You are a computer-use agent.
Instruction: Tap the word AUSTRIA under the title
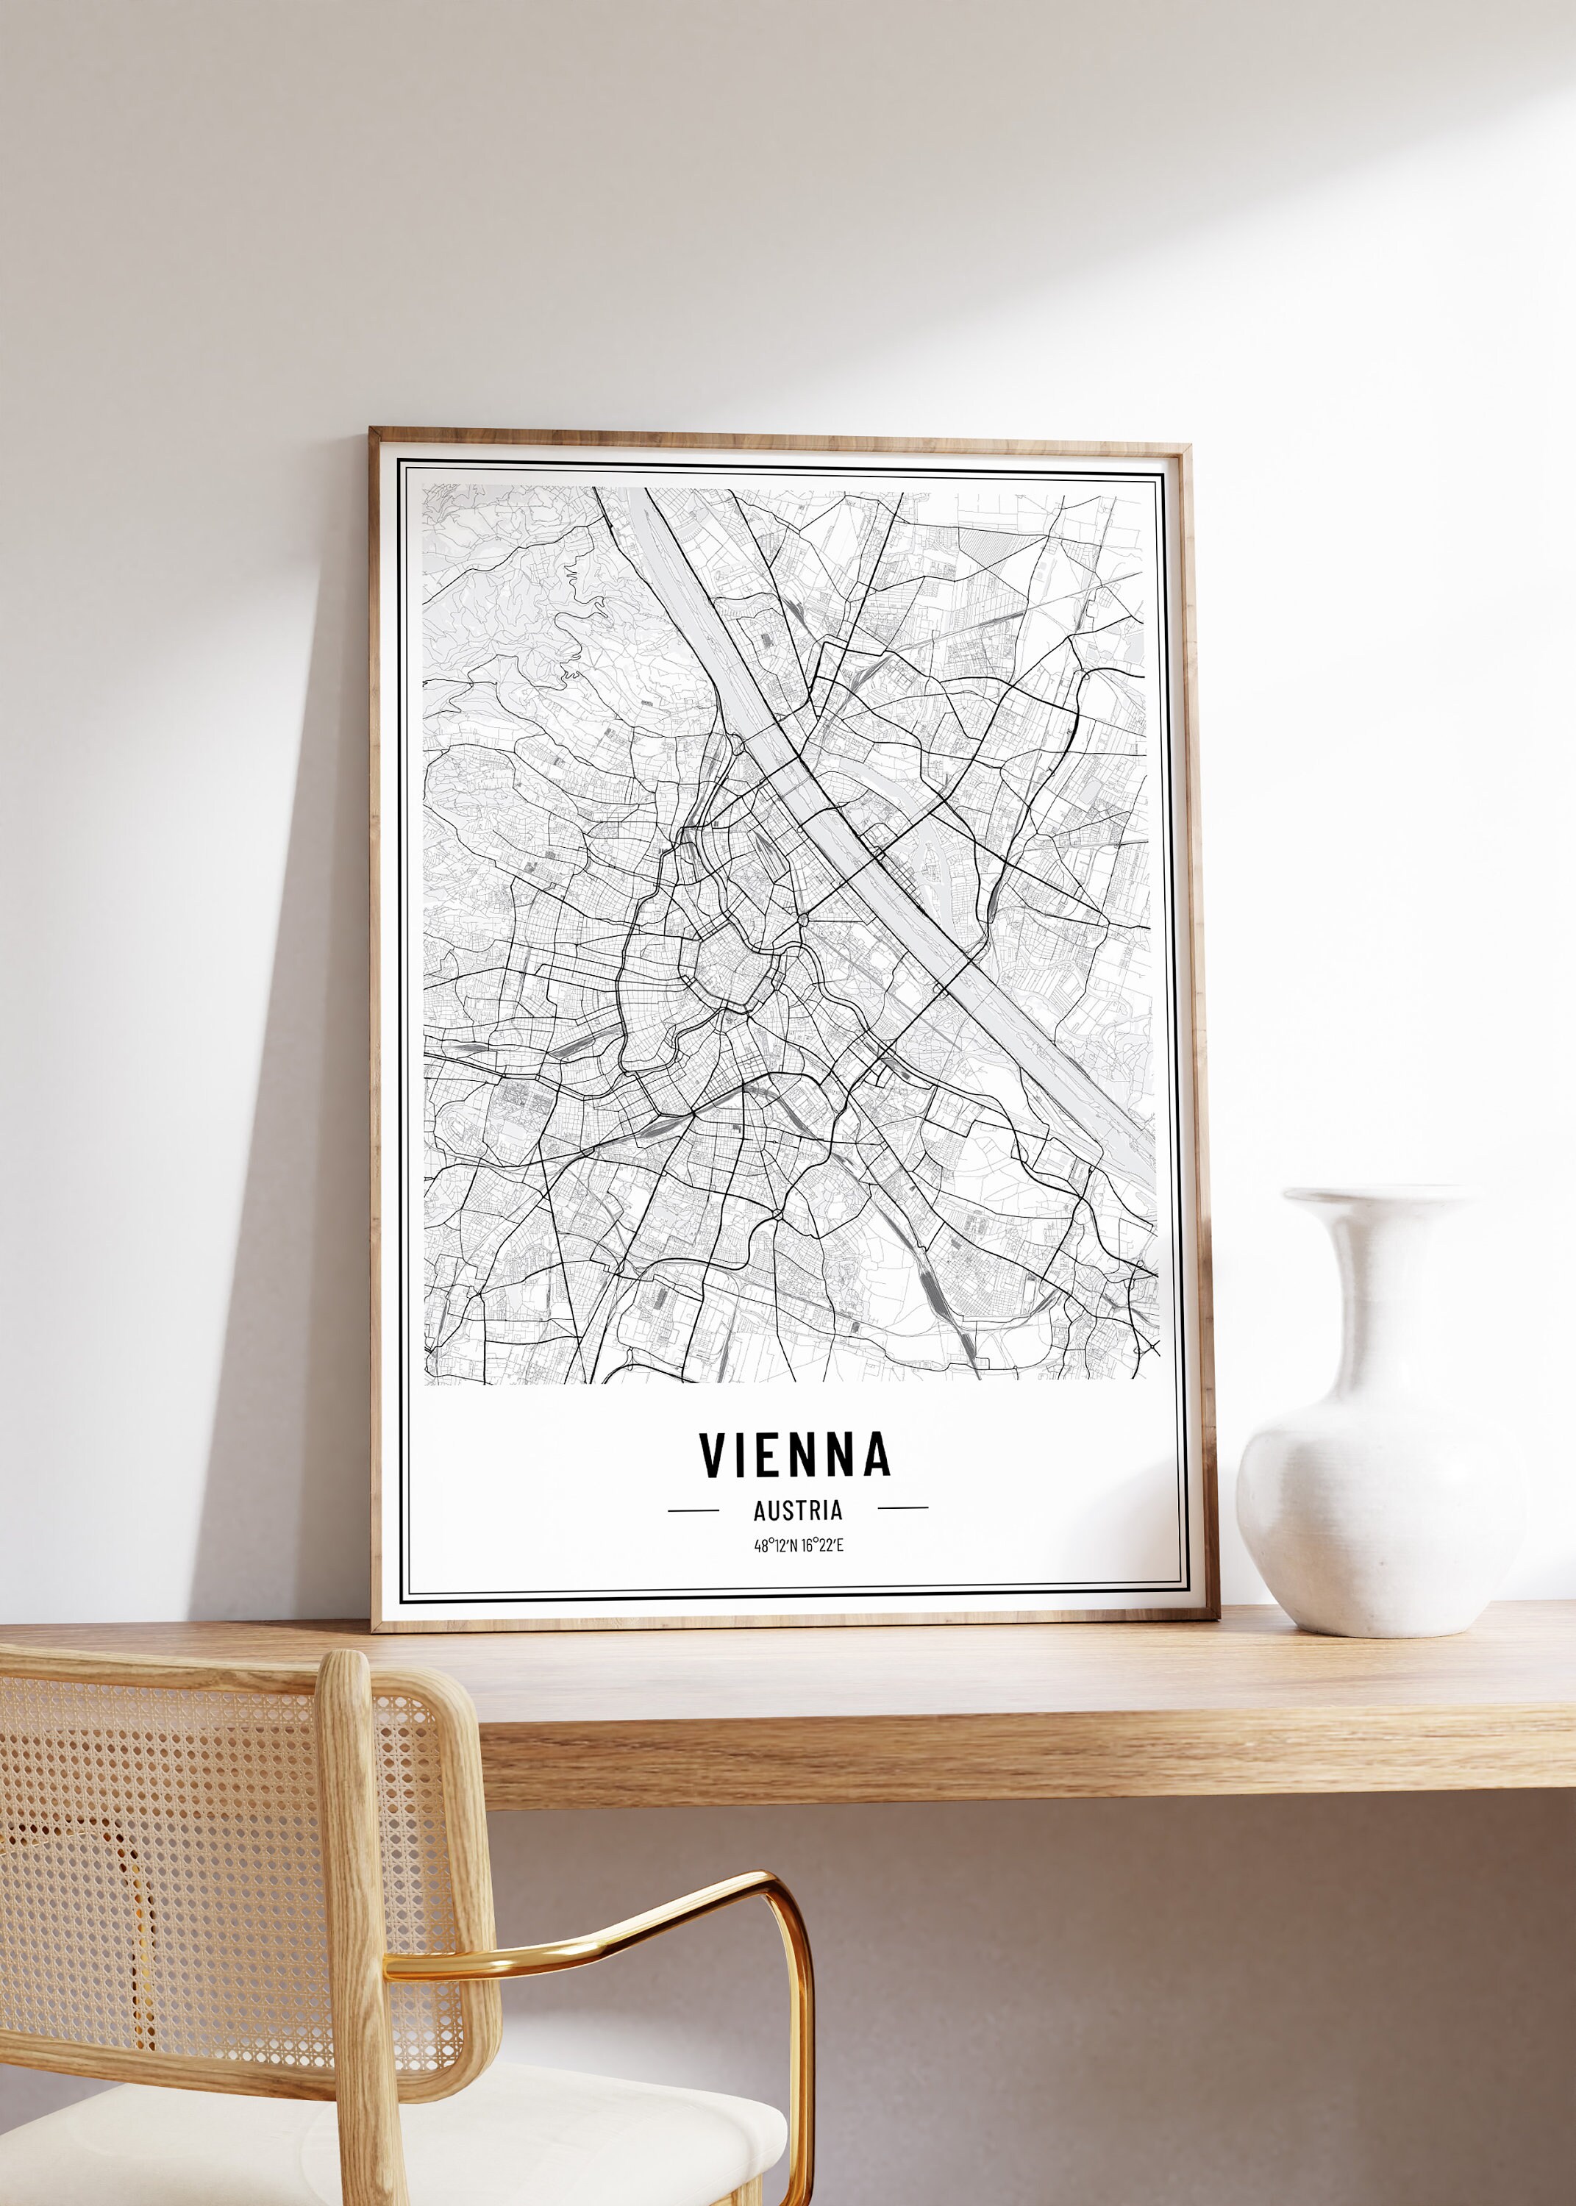tap(798, 1510)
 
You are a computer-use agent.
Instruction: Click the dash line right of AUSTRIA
tap(902, 1507)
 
